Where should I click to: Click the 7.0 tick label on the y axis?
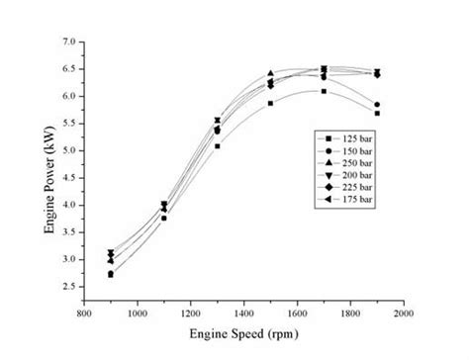pos(68,43)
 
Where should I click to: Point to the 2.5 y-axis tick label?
pos(68,287)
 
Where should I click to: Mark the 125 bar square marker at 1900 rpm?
pos(377,114)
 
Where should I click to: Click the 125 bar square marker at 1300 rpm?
pos(217,146)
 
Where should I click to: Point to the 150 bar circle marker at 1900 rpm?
pos(377,105)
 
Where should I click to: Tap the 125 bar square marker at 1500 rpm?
pos(270,103)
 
